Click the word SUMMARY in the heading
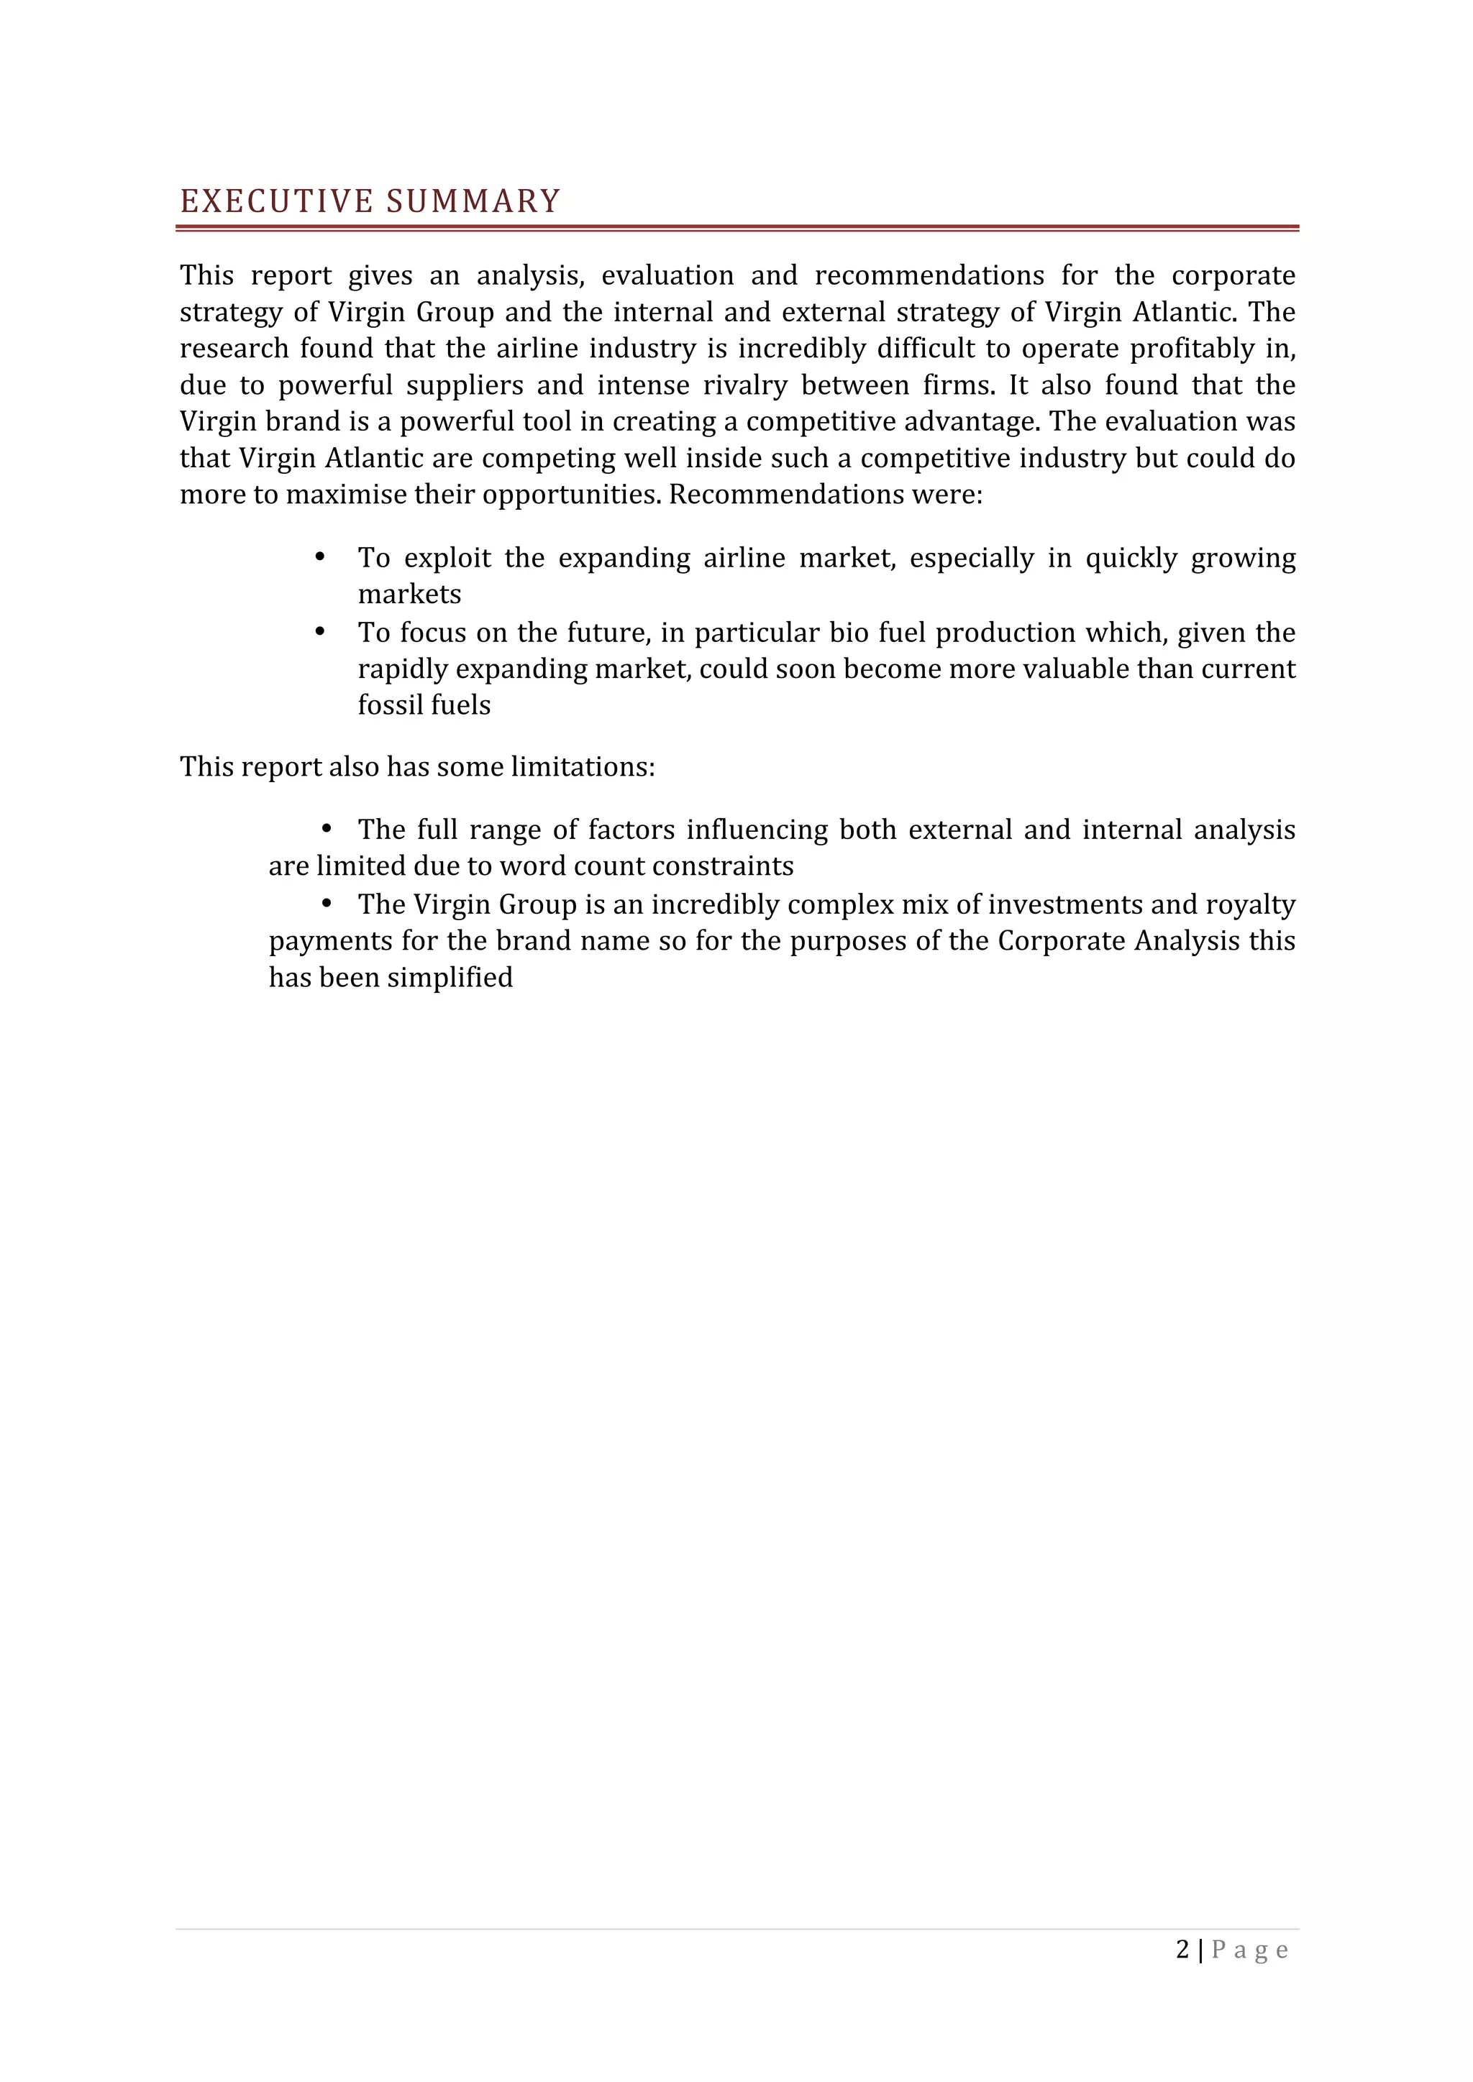[473, 201]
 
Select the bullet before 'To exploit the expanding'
[319, 556]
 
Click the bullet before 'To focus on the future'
[319, 631]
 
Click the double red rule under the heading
[736, 229]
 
